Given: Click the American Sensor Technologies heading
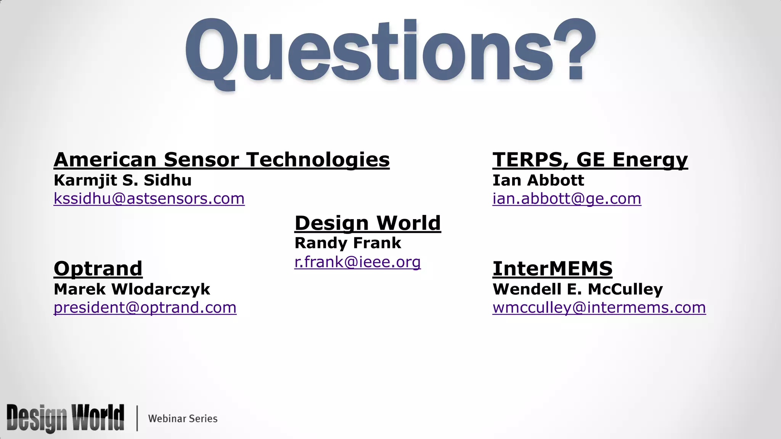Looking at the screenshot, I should tap(222, 159).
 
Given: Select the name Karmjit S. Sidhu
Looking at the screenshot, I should tap(122, 180).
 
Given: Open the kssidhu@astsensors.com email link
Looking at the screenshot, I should tap(149, 199).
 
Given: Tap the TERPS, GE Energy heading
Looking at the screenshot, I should tap(590, 159).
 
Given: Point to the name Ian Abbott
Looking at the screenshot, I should tap(538, 180).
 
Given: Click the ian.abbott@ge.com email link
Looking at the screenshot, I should tap(567, 199).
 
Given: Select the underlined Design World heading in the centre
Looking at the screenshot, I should tap(368, 223).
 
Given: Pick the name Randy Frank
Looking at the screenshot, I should tap(348, 243).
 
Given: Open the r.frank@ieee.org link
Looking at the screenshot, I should tap(357, 262).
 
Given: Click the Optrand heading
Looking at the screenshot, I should tap(98, 268).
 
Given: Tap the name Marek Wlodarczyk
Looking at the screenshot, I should tap(132, 289).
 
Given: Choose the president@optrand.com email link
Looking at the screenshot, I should tap(145, 308).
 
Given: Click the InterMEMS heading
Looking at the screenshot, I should tap(552, 268).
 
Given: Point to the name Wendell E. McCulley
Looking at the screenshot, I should tap(578, 289).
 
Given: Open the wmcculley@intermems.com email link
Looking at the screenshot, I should tap(599, 308).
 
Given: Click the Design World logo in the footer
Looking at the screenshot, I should tap(65, 418).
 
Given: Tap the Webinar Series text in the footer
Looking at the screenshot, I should tap(183, 418).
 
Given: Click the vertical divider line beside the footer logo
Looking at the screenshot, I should tap(137, 418).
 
